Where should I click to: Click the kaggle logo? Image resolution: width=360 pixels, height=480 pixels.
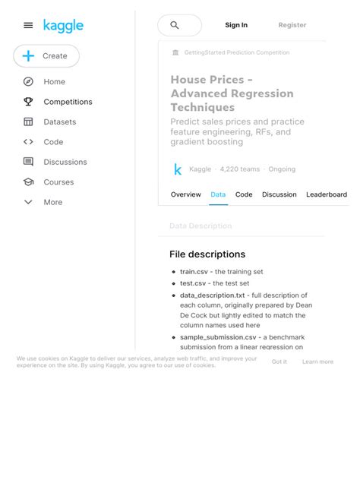(x=63, y=26)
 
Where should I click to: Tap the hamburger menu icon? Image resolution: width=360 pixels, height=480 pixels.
(x=28, y=25)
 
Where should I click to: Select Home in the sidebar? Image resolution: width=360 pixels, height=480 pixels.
(x=54, y=81)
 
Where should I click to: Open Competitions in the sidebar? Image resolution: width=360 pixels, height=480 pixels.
(x=68, y=102)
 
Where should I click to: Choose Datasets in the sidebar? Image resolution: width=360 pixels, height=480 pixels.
(x=59, y=122)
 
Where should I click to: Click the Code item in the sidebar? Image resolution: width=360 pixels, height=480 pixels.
(x=53, y=142)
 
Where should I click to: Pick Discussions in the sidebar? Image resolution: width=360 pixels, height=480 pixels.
(x=65, y=162)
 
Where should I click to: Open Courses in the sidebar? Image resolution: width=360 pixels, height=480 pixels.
(x=58, y=182)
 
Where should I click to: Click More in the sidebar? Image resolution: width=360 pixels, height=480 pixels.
(x=52, y=202)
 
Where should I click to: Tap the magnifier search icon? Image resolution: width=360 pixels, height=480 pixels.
(x=175, y=25)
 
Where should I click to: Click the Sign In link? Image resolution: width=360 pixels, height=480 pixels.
(x=236, y=25)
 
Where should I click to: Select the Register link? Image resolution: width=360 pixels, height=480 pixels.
(x=292, y=25)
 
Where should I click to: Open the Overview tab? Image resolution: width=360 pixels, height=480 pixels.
(x=185, y=194)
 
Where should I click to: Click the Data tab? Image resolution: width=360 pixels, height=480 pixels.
(x=218, y=194)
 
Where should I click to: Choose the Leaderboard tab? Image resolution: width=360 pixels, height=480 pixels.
(x=327, y=194)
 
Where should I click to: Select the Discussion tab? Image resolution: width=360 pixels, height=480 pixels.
(x=279, y=194)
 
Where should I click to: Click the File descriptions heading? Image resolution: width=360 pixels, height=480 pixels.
(x=207, y=254)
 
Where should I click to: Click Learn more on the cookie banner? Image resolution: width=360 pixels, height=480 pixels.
(x=317, y=362)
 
